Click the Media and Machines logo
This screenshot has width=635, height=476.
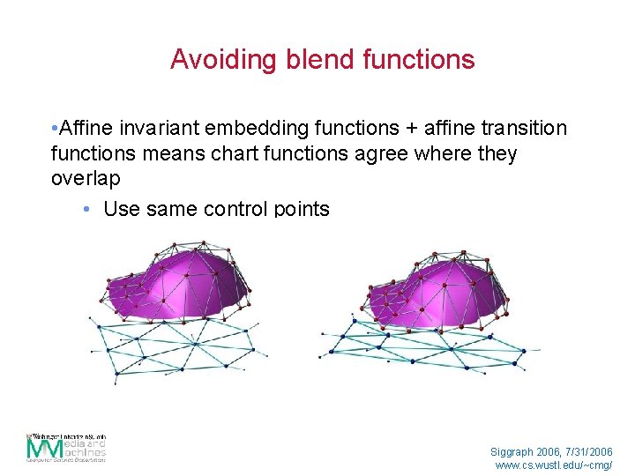(66, 448)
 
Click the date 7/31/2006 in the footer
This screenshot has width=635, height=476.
(591, 450)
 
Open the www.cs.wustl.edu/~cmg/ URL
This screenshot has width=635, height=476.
(554, 465)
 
